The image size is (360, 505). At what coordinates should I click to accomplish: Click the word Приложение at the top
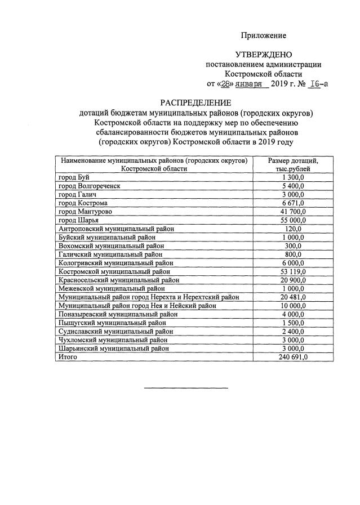point(264,35)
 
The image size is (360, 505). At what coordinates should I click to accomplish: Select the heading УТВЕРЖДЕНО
point(263,55)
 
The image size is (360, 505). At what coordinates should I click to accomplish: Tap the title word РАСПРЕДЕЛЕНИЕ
point(195,102)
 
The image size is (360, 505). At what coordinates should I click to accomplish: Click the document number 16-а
point(319,83)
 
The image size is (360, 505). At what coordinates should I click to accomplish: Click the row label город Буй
point(70,177)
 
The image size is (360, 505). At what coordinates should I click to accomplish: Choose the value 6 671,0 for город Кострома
point(293,203)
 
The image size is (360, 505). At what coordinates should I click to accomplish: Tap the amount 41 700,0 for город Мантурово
point(293,211)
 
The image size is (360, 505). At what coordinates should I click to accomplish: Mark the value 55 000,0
point(293,220)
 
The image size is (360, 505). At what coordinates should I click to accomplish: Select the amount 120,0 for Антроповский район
point(293,229)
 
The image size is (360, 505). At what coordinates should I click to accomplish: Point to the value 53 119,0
point(293,271)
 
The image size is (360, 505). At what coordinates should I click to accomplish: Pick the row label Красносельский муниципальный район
point(119,280)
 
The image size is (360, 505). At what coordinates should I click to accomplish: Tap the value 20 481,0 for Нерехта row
point(293,297)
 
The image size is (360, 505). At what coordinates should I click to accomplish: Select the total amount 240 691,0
point(293,357)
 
